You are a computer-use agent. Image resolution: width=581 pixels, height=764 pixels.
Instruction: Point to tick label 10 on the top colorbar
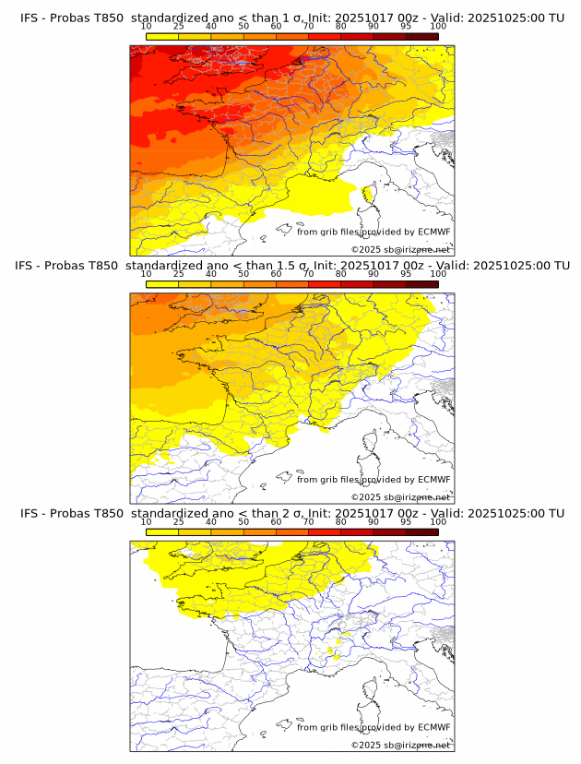[146, 26]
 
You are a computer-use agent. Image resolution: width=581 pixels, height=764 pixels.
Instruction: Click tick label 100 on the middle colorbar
[438, 273]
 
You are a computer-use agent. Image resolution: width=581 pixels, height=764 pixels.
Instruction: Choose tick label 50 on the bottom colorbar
[243, 521]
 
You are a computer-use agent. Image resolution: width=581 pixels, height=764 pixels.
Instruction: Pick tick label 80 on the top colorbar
[341, 26]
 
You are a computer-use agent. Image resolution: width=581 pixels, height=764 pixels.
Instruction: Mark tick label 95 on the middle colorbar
[406, 273]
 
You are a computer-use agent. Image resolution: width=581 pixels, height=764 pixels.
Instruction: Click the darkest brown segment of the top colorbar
[422, 36]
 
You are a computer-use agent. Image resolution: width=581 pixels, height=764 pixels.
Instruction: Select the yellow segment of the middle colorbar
[162, 283]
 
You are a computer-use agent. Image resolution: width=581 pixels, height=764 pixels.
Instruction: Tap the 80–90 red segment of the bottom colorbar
[357, 531]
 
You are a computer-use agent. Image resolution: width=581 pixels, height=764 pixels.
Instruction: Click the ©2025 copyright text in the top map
[366, 249]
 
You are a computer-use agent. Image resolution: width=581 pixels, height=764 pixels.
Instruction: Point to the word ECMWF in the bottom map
[434, 727]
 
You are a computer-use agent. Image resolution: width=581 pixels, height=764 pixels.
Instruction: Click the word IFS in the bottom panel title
[29, 513]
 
